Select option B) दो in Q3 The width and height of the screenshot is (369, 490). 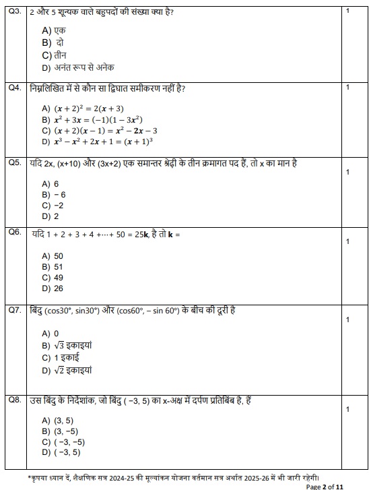[x=53, y=42]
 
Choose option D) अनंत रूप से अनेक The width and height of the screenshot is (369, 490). [x=77, y=67]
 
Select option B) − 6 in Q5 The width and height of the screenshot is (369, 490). [x=54, y=194]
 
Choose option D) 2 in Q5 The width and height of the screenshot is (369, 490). [x=51, y=216]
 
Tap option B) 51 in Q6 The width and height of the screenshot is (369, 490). [x=53, y=267]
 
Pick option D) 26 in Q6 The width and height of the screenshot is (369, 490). [x=53, y=288]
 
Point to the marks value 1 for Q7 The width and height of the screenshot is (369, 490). [x=347, y=319]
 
